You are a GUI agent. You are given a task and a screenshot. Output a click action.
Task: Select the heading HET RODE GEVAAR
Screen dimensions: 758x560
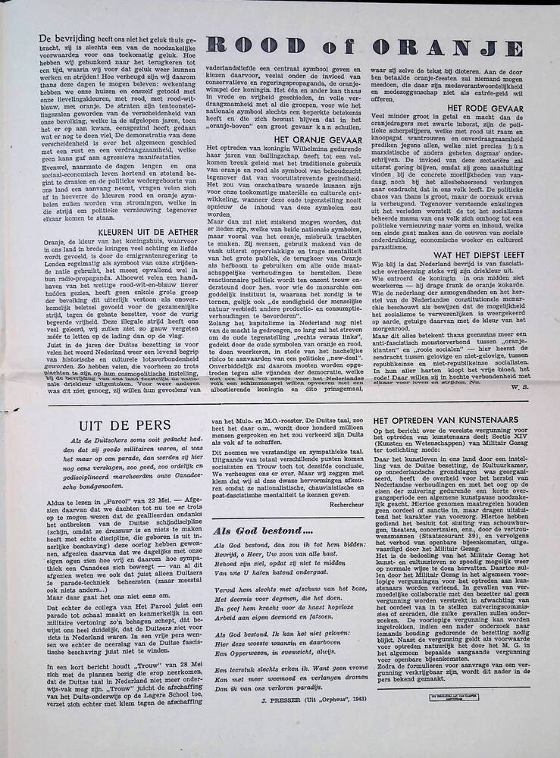point(486,108)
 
